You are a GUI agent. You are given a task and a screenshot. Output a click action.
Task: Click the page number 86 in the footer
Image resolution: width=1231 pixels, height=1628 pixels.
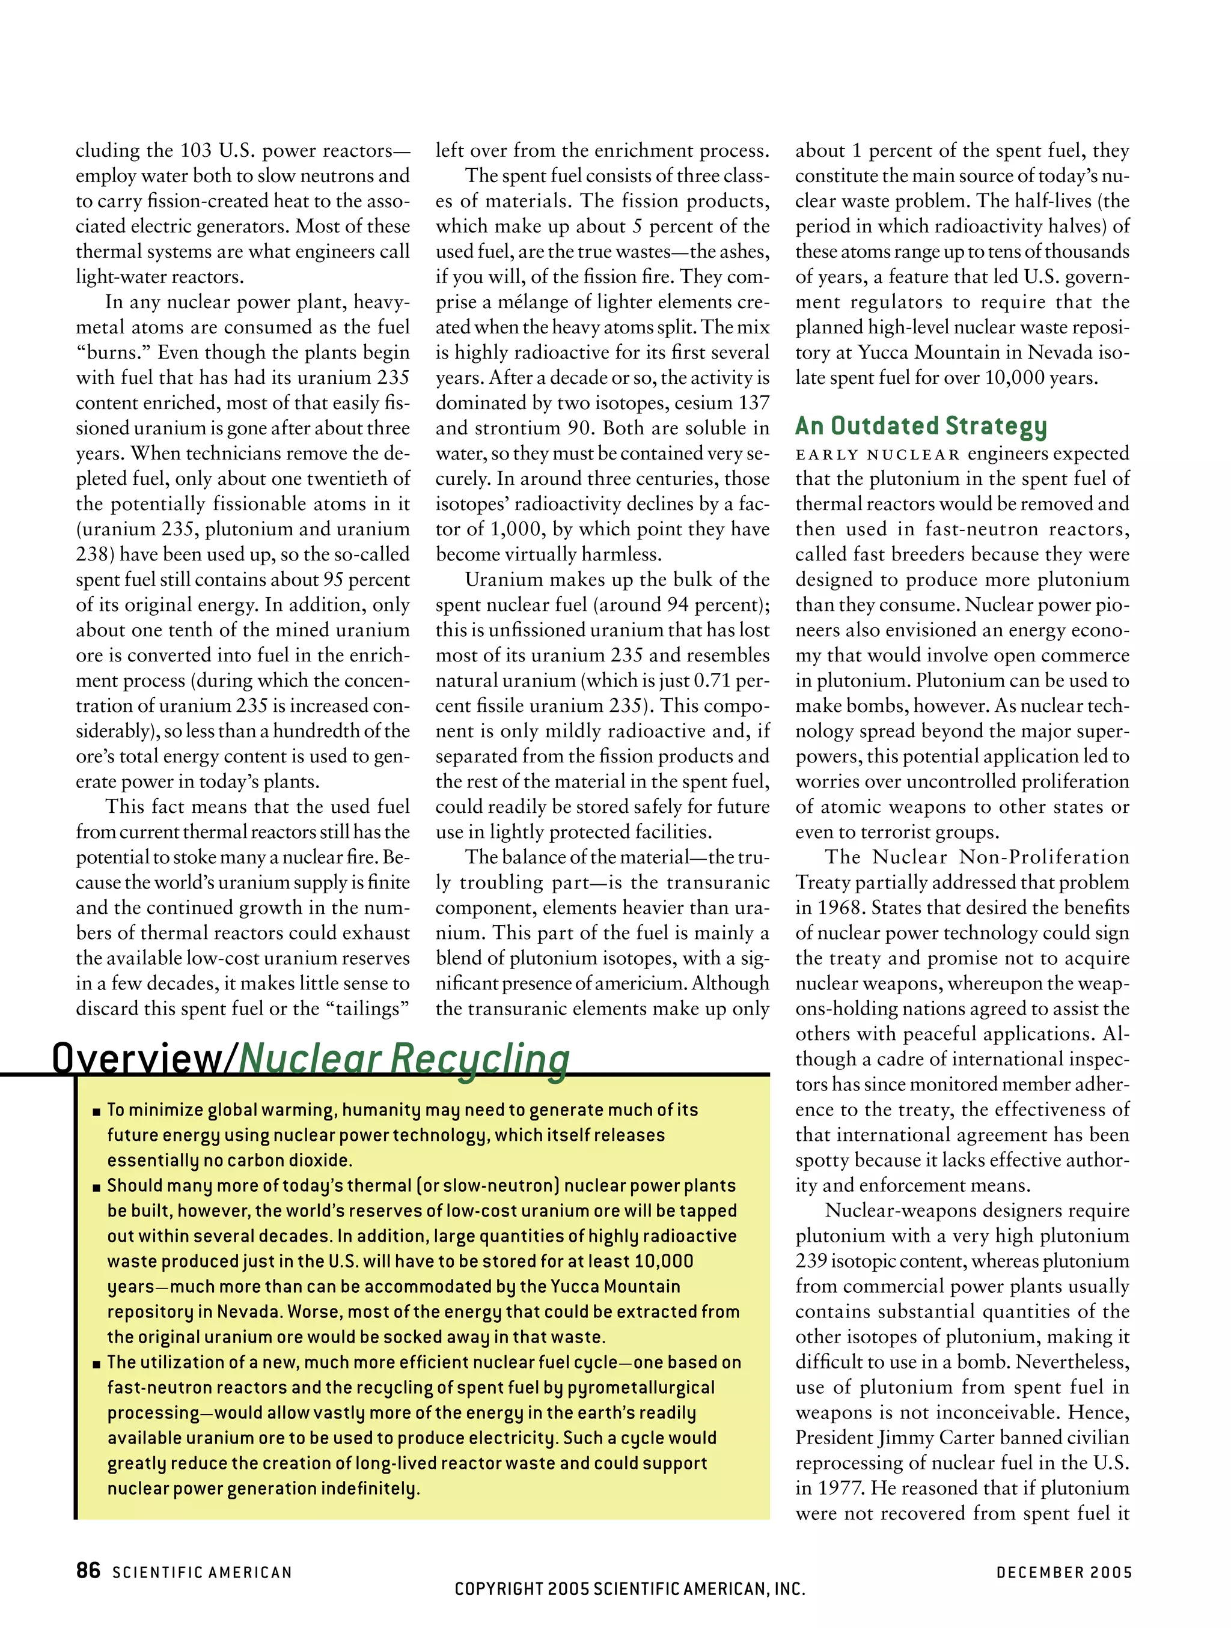[x=88, y=1570]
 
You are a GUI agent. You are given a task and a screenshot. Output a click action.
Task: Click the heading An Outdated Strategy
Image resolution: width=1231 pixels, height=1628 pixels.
[x=920, y=426]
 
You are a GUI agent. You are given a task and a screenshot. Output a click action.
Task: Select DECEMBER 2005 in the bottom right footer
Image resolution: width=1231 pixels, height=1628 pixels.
[x=1063, y=1572]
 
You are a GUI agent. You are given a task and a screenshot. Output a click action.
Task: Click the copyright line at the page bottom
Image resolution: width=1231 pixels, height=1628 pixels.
[x=629, y=1588]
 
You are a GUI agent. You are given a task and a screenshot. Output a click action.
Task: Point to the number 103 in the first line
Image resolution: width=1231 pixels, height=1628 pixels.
[x=197, y=151]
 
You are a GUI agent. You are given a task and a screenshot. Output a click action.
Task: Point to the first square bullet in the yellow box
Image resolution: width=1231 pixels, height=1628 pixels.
[x=96, y=1111]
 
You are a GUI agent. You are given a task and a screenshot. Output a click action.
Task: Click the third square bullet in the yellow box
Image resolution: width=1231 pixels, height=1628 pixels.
[x=96, y=1364]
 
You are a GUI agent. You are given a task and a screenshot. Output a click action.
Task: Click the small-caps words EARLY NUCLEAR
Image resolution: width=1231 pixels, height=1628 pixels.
[x=878, y=454]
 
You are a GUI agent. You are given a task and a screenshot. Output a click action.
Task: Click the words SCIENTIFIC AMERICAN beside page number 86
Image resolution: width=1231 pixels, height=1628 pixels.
[x=202, y=1572]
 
